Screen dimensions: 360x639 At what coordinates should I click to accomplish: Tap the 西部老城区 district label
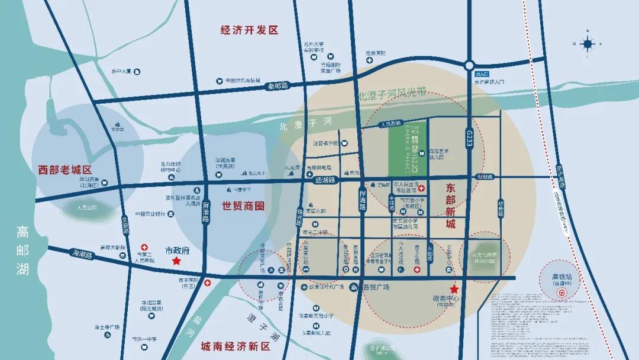point(65,168)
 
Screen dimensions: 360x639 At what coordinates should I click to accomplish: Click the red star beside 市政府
point(176,261)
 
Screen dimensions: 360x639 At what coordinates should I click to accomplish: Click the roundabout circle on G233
point(470,65)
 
